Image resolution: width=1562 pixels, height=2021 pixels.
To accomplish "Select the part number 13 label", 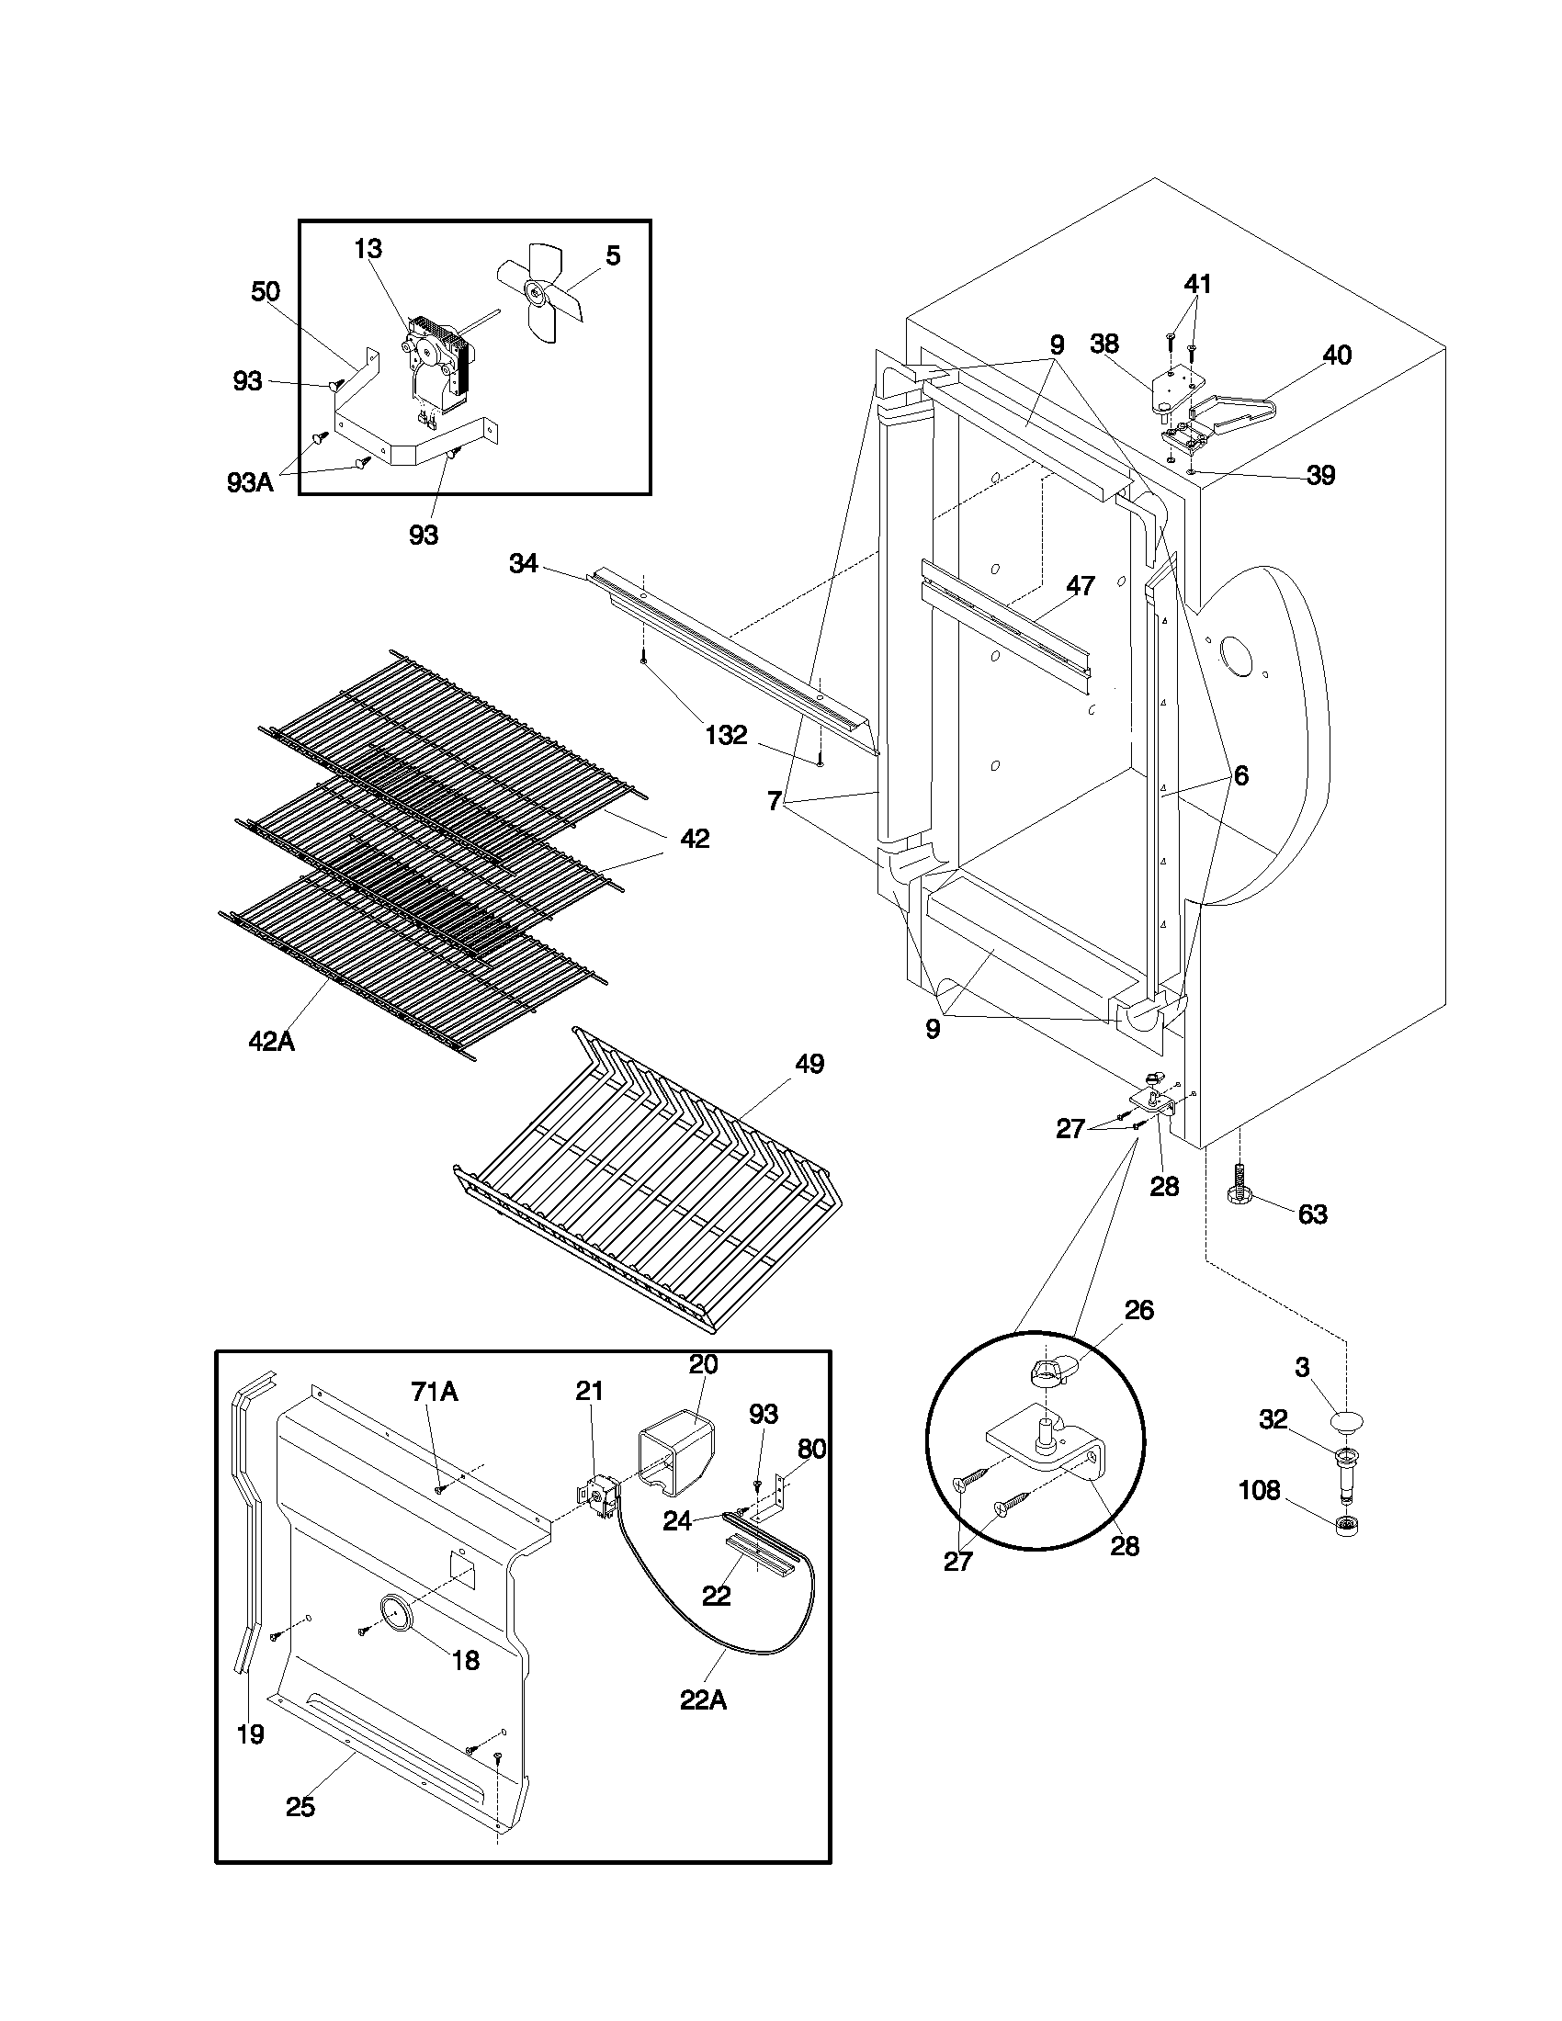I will click(x=368, y=249).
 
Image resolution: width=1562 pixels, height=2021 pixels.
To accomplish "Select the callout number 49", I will click(x=809, y=1064).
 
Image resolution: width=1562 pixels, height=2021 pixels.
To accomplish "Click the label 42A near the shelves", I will click(x=270, y=1042).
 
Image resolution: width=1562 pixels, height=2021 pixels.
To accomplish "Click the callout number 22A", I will click(x=703, y=1700).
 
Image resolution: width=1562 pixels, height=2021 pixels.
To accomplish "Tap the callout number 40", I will click(x=1336, y=356).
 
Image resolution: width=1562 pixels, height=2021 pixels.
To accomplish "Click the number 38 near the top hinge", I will click(x=1104, y=344).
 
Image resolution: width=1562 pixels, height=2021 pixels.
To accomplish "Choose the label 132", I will click(x=726, y=736).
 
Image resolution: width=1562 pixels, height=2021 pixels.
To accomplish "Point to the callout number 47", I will click(x=1081, y=586).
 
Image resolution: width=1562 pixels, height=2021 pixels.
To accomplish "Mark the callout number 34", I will click(x=523, y=563).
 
